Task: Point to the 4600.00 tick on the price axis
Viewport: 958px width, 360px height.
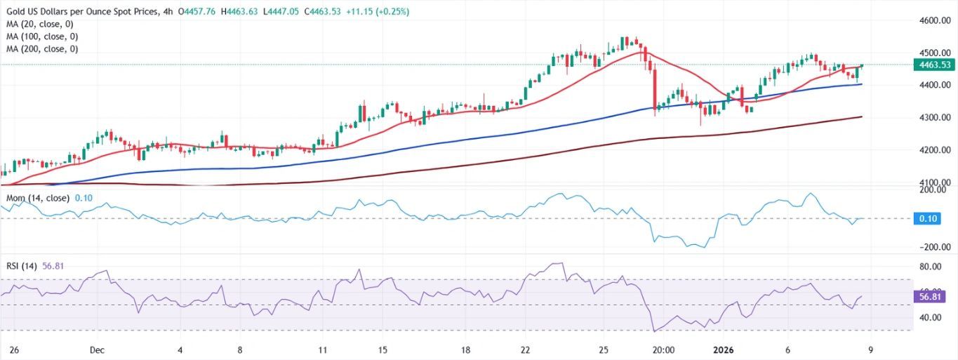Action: pyautogui.click(x=934, y=20)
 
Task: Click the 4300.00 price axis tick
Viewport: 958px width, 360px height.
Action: pyautogui.click(x=934, y=117)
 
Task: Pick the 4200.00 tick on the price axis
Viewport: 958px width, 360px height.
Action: pyautogui.click(x=934, y=149)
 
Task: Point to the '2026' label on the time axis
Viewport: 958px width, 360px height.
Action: pyautogui.click(x=724, y=349)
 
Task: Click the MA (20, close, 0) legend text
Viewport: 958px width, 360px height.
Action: pyautogui.click(x=39, y=24)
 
